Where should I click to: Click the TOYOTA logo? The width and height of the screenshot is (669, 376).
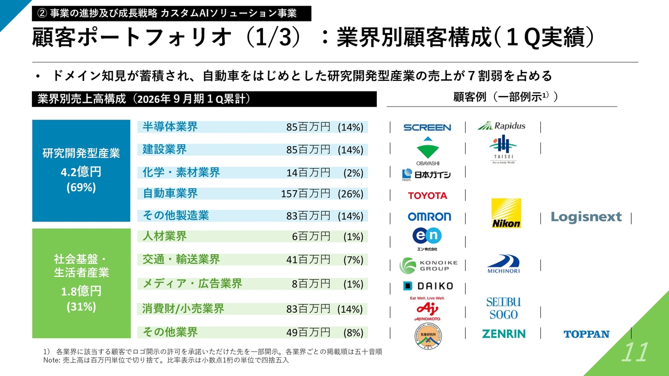click(x=428, y=195)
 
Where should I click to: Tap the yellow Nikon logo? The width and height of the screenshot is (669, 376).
click(x=506, y=213)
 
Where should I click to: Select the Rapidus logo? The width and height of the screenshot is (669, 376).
click(x=501, y=126)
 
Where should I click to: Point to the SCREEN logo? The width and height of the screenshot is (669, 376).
click(x=427, y=127)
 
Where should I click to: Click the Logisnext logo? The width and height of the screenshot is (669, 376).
click(x=586, y=217)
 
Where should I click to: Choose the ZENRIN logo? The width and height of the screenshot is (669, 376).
click(x=503, y=334)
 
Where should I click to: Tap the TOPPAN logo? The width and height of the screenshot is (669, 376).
click(x=586, y=334)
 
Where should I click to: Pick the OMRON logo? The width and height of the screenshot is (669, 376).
click(x=429, y=217)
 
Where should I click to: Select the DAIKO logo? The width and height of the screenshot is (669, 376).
click(x=428, y=286)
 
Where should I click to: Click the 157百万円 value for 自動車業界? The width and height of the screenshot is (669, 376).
click(x=306, y=194)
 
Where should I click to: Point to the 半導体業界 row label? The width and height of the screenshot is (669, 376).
click(x=170, y=127)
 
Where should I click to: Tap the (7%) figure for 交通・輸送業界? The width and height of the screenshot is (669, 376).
click(x=353, y=260)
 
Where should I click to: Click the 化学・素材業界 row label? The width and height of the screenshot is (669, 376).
click(x=181, y=172)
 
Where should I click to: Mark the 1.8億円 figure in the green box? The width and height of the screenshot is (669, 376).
click(x=81, y=290)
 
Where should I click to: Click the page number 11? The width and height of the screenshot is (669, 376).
click(x=634, y=352)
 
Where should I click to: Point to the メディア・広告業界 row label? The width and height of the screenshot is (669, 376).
click(x=192, y=284)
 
